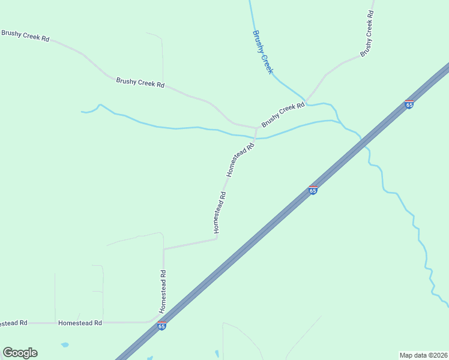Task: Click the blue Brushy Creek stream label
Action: point(263,52)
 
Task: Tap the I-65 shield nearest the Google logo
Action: point(161,325)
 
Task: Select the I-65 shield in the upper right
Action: point(409,104)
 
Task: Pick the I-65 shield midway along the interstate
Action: point(313,190)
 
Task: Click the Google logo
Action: point(20,353)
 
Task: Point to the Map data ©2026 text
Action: point(423,355)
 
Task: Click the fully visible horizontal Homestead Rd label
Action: point(80,323)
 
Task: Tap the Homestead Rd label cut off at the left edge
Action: point(13,323)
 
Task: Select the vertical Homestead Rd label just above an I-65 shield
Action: point(163,291)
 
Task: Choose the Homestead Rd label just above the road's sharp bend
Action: point(219,212)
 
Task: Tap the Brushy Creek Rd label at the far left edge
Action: point(25,35)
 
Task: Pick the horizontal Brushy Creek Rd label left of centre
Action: point(140,83)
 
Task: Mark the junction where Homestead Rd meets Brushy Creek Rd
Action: point(256,128)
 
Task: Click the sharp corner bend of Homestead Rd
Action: point(216,239)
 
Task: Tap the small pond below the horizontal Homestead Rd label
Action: point(64,345)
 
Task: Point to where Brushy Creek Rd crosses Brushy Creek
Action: point(306,100)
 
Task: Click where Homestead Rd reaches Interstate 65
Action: point(155,319)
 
